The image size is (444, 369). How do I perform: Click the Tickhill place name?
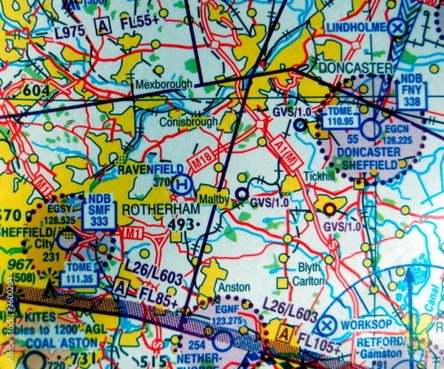(x=319, y=178)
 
